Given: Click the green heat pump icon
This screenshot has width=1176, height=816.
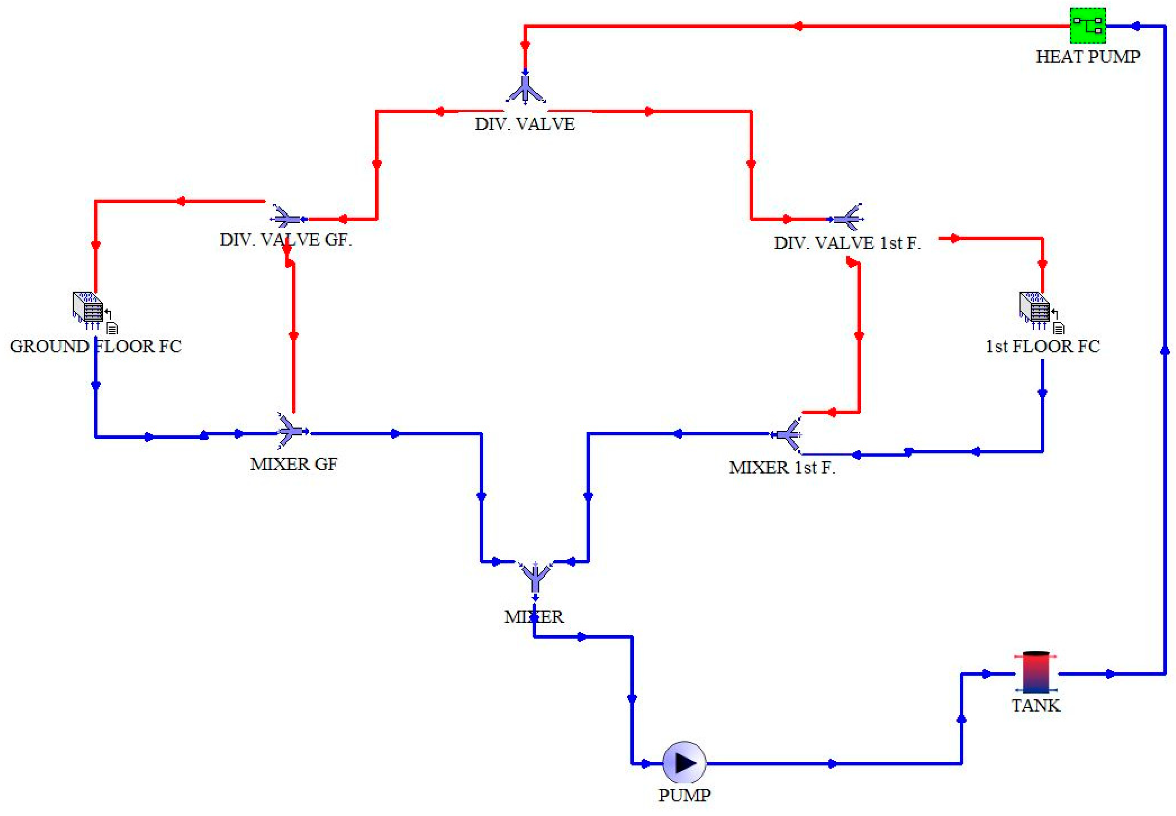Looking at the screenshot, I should [1088, 26].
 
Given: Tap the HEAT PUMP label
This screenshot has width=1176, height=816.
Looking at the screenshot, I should [1087, 57].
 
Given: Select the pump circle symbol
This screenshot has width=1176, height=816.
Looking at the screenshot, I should [684, 763].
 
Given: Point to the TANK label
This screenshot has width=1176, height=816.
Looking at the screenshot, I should [1036, 706].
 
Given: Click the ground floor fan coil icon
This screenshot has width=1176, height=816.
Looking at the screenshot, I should [89, 309].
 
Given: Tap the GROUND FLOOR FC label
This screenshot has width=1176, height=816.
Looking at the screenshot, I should [96, 347].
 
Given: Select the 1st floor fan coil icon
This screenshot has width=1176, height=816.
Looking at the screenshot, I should [1034, 309].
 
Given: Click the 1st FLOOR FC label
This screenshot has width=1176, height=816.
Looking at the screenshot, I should [1043, 347].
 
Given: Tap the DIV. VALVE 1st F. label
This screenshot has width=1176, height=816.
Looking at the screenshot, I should [847, 243].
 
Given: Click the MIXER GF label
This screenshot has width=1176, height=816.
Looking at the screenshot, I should [294, 464].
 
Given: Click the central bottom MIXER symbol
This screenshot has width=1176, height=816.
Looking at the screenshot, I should [535, 578].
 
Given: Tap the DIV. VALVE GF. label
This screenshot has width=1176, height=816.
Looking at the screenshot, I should [286, 240].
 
